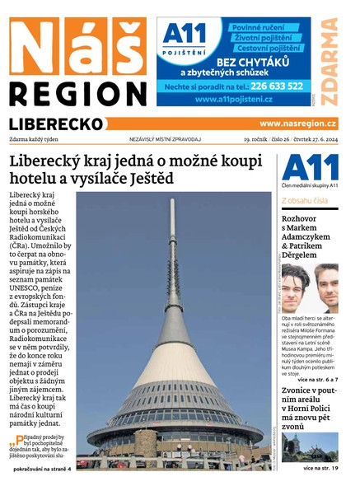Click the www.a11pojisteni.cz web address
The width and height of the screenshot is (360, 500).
(234, 100)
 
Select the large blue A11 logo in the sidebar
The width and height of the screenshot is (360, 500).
(309, 170)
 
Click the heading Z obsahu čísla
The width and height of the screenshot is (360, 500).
(304, 200)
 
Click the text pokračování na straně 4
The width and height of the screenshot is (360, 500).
(43, 469)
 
